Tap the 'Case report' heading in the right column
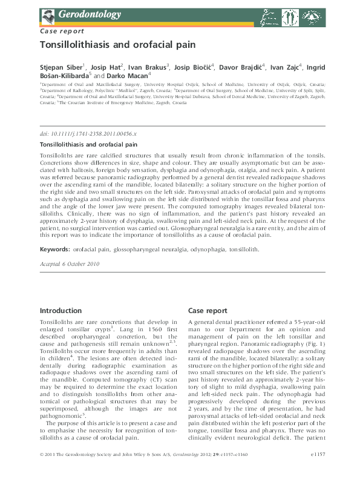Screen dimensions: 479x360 tap(208, 311)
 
